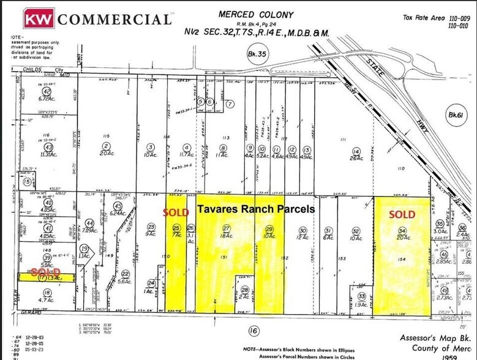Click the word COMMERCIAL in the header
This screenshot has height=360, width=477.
[115, 19]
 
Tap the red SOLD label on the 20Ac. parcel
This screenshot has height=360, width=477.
[403, 214]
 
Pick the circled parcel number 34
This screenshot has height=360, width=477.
[402, 231]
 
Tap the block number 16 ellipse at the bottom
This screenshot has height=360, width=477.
[253, 331]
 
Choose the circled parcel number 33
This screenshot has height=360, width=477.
[362, 296]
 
